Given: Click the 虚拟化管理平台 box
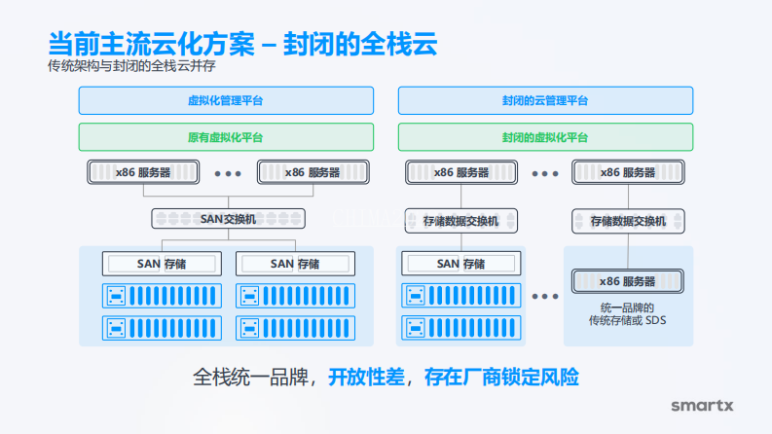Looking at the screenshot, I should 226,101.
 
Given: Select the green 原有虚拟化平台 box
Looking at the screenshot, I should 226,137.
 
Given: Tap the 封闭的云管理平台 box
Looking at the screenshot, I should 545,101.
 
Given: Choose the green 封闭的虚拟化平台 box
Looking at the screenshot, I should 545,137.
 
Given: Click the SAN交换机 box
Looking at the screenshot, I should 228,219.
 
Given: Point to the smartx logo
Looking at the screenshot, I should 703,405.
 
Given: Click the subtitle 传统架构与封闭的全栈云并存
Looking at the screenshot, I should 131,66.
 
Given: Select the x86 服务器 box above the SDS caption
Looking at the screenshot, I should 628,281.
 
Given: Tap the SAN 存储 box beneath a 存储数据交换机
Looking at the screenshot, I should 461,264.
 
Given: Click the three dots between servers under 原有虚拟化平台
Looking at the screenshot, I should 227,173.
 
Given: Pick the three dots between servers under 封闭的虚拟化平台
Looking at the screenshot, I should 545,173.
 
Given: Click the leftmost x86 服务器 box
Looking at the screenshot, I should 142,172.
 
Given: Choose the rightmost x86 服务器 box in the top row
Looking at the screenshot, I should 628,172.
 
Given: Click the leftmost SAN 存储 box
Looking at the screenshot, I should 147,264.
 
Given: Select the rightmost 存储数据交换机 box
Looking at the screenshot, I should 628,222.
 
